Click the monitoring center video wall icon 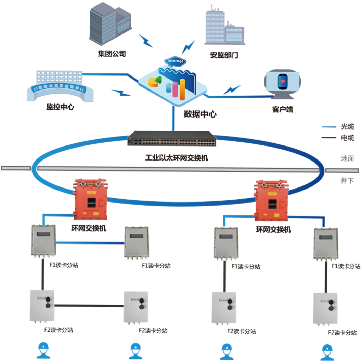(x=60, y=85)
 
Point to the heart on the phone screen (x=282, y=82)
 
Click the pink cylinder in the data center (x=175, y=89)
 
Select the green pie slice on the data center (x=158, y=80)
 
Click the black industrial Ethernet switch (x=171, y=139)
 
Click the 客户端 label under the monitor (x=283, y=109)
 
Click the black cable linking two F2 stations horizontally (x=89, y=306)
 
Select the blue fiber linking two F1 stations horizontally (x=90, y=243)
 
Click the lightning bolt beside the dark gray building (x=145, y=40)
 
